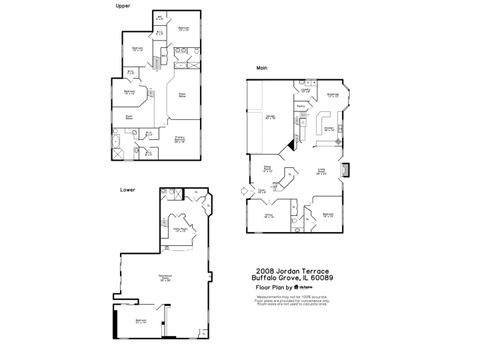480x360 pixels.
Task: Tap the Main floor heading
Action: click(261, 68)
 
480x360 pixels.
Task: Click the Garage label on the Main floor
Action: click(270, 116)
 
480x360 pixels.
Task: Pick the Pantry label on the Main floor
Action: click(301, 103)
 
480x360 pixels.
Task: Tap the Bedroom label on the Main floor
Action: click(327, 214)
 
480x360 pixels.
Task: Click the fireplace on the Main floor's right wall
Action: click(346, 170)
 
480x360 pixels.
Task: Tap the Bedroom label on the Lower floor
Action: click(141, 321)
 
